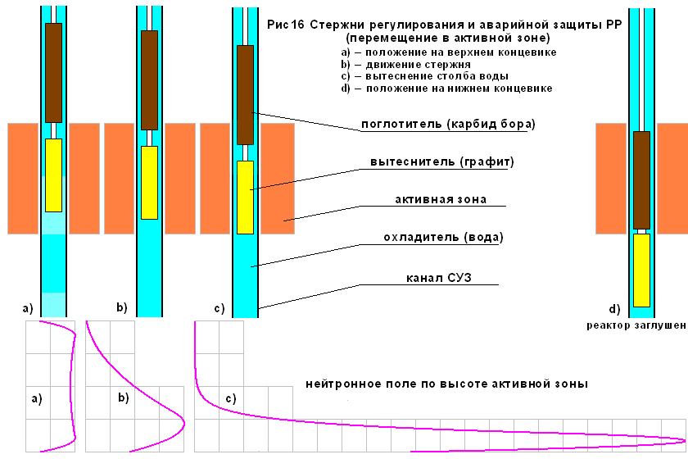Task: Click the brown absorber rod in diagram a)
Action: coord(53,73)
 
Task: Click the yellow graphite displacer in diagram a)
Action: coord(53,175)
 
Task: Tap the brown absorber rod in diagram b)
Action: coord(150,80)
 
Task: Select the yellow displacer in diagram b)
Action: coord(150,183)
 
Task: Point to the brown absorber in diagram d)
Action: coord(641,180)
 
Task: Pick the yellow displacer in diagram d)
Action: coord(641,270)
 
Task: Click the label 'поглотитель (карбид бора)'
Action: coord(448,125)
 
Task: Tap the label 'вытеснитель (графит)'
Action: coord(441,162)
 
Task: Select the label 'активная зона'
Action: coord(441,199)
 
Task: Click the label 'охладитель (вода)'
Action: coord(443,238)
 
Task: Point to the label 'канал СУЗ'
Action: coord(439,278)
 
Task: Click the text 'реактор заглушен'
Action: coord(636,325)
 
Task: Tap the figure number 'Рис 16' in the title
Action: coord(285,25)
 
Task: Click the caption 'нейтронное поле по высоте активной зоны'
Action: coord(446,384)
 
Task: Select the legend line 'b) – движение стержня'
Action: coord(406,65)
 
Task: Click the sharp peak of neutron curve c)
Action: coord(685,440)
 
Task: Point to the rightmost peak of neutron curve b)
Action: coord(184,424)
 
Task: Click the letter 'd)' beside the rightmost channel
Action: coord(615,309)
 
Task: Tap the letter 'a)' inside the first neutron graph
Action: coord(37,399)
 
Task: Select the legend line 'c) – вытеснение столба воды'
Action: coord(425,76)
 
